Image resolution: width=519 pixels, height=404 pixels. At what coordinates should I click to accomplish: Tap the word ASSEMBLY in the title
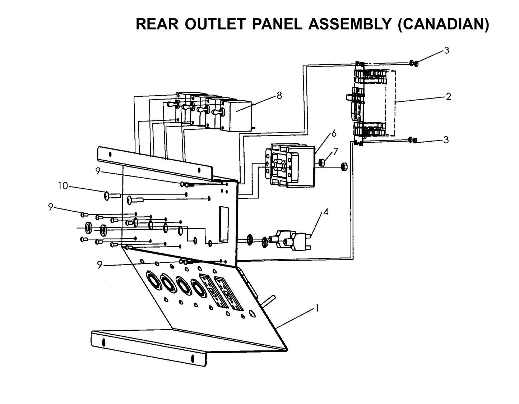coord(349,24)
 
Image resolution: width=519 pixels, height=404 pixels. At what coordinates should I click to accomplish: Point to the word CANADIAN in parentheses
coord(443,24)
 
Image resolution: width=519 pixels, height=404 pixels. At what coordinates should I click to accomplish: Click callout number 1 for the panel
coord(317,308)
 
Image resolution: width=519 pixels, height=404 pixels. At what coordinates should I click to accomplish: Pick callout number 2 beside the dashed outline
coord(448,96)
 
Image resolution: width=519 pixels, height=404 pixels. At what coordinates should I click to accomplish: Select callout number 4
coord(325,212)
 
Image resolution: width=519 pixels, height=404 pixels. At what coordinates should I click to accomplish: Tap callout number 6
coord(334,133)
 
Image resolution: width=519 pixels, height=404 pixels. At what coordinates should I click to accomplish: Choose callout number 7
coord(335,151)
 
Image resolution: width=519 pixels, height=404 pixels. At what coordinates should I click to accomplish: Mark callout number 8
coord(279,96)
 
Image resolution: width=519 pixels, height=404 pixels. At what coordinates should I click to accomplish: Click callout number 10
coord(63,186)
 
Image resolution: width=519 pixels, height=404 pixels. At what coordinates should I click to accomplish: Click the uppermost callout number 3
coord(446,51)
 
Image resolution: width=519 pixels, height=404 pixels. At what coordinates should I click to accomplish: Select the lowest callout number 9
coord(100,265)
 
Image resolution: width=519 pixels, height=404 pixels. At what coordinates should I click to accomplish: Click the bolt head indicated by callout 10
coord(107,196)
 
